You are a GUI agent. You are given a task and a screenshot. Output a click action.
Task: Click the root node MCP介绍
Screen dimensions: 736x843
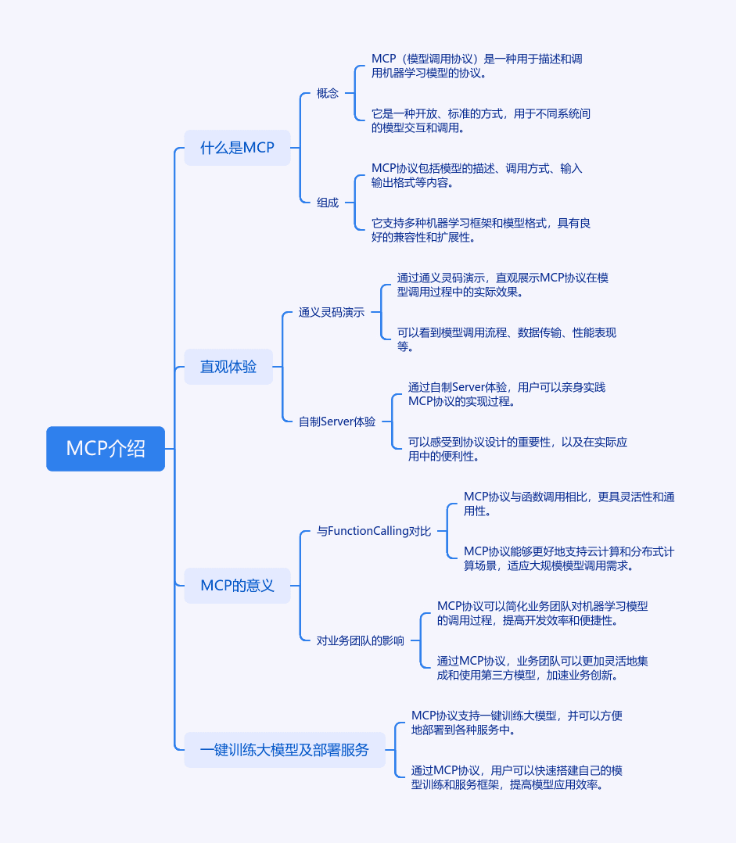[x=106, y=448]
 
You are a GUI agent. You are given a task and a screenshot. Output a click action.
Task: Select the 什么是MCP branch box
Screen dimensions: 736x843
[x=237, y=147]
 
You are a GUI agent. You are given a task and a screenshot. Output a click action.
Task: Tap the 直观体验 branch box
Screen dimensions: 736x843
[x=228, y=367]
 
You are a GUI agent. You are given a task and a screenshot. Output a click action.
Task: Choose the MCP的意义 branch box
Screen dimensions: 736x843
[x=237, y=586]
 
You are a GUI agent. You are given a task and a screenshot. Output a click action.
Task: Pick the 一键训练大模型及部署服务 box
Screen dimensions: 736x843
[x=285, y=749]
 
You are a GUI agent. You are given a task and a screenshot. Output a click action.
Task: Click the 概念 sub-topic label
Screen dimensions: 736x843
[x=328, y=93]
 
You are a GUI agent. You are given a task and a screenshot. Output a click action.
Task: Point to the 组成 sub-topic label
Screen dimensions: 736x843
[x=328, y=203]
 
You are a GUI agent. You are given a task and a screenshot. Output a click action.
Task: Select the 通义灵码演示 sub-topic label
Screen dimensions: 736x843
[x=332, y=312]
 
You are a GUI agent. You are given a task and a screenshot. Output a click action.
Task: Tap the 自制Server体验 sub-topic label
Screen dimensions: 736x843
[x=337, y=421]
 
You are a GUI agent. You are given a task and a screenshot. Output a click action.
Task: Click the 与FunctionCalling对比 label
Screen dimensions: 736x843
[x=374, y=531]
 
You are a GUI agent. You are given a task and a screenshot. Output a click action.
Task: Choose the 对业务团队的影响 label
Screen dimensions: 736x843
[x=361, y=640]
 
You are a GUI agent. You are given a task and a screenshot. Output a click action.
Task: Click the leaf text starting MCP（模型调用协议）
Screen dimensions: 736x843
[x=477, y=66]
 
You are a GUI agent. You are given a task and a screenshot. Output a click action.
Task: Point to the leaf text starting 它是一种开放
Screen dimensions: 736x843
[x=481, y=120]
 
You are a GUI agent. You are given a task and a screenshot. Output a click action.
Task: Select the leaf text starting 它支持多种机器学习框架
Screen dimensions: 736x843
[x=481, y=230]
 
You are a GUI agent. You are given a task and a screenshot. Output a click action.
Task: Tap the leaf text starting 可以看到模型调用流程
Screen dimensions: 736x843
[x=506, y=339]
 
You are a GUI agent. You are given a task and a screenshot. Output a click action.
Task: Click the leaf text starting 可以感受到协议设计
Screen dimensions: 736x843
[x=518, y=449]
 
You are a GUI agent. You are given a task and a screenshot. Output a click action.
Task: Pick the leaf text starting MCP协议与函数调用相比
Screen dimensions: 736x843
[x=569, y=504]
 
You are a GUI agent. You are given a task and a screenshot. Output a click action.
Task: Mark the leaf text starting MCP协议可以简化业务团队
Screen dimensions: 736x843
[x=542, y=613]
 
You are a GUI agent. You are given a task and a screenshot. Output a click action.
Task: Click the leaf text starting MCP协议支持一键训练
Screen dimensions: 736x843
[x=517, y=723]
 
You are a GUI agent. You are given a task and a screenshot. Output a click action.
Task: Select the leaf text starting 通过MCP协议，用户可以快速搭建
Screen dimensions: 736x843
[x=517, y=777]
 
